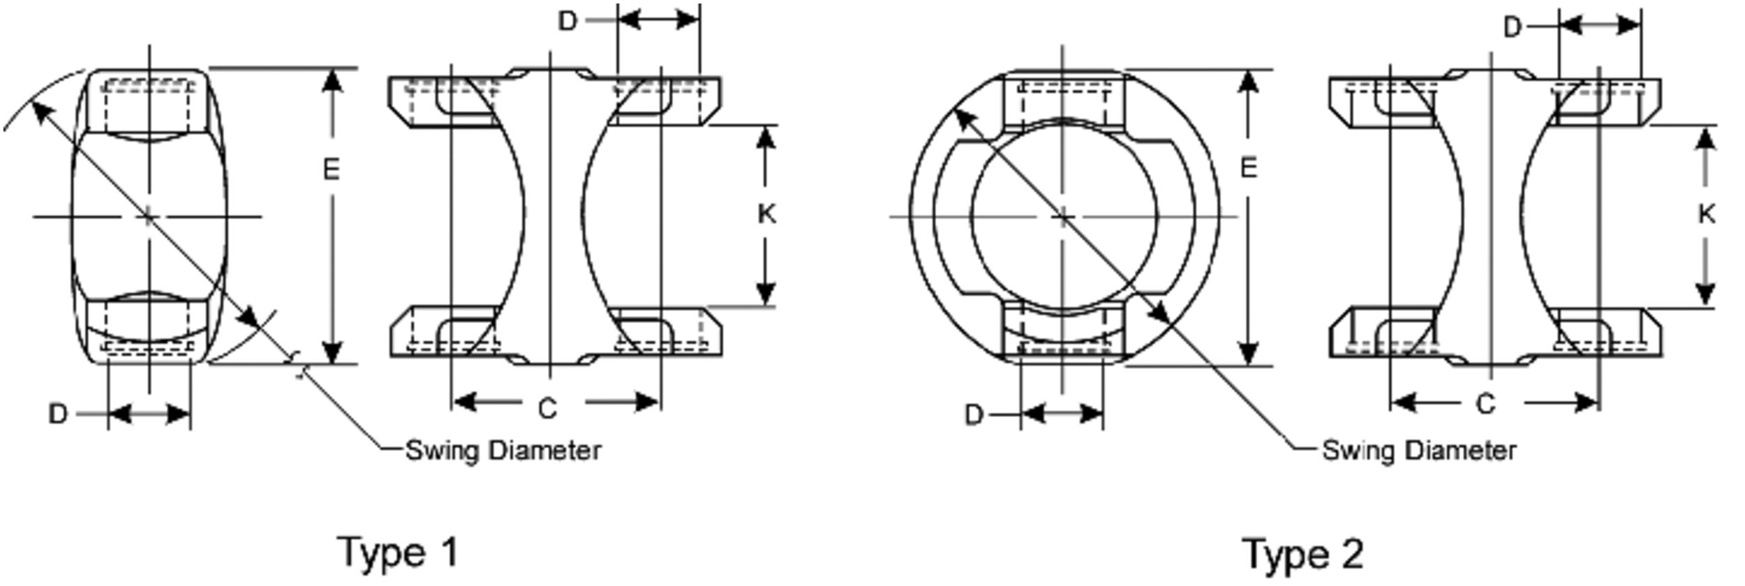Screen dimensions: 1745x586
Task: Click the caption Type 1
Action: click(399, 553)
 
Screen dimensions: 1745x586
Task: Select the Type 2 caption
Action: click(1302, 554)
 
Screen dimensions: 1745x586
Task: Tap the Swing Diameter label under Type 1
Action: click(503, 451)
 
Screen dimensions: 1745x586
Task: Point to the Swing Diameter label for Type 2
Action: click(1420, 451)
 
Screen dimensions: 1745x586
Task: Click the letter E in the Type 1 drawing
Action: click(332, 170)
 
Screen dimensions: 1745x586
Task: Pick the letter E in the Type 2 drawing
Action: click(1249, 168)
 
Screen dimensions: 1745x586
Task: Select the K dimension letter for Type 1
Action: click(766, 214)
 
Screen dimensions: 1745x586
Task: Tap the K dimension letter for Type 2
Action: click(1706, 214)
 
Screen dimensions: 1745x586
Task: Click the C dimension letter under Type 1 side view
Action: click(548, 408)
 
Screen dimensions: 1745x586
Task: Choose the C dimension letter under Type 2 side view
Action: click(1486, 404)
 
